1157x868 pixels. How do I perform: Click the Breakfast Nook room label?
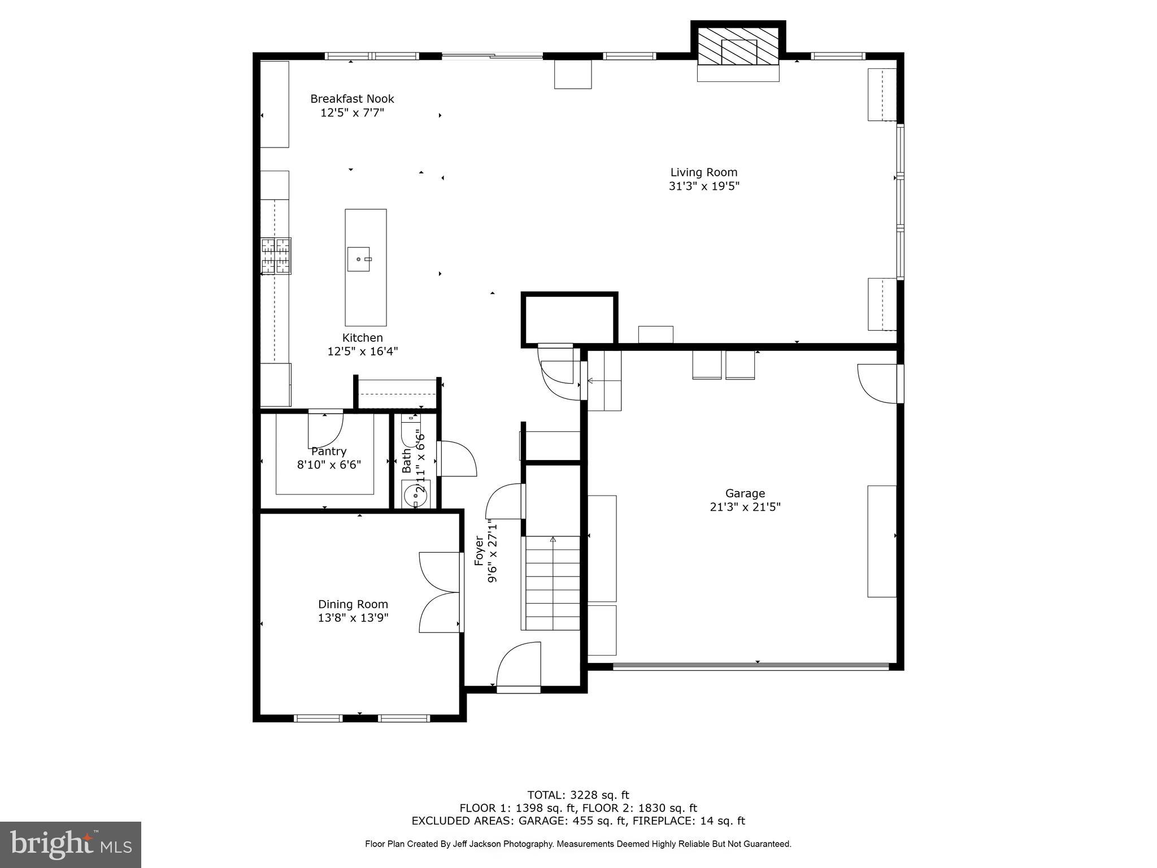352,99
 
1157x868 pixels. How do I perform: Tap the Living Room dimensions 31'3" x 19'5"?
704,186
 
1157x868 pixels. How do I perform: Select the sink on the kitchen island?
358,259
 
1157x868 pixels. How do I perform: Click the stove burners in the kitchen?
276,256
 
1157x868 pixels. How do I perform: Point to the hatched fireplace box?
738,46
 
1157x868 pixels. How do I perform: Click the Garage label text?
745,493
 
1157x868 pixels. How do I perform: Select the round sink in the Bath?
415,496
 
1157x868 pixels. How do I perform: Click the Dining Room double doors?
440,592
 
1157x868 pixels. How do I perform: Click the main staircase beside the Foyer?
553,583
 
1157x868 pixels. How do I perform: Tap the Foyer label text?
479,551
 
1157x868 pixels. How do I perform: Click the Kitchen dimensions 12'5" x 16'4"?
363,351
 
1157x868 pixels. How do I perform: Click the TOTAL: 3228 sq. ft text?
578,795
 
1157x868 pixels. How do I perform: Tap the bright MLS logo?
71,844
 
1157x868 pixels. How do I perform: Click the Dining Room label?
353,604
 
